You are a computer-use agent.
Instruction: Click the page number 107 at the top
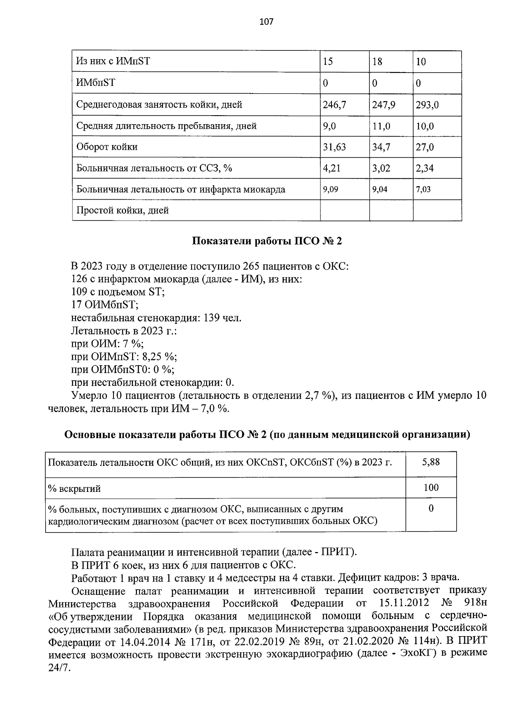pos(266,22)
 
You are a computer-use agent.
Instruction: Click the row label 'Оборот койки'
pos(107,147)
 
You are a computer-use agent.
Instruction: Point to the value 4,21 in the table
pos(332,169)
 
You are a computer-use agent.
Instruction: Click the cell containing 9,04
pos(380,189)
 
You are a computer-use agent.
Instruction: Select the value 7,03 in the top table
pos(423,189)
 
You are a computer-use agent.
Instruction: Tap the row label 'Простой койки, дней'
pos(122,210)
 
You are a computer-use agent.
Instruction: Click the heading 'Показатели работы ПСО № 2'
pos(267,241)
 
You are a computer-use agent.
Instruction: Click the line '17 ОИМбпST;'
pos(105,305)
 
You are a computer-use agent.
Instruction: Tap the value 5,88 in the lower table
pos(431,462)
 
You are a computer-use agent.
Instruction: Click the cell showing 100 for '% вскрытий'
pos(431,488)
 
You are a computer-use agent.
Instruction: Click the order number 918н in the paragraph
pos(474,604)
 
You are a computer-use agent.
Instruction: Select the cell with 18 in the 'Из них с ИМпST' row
pos(377,62)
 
